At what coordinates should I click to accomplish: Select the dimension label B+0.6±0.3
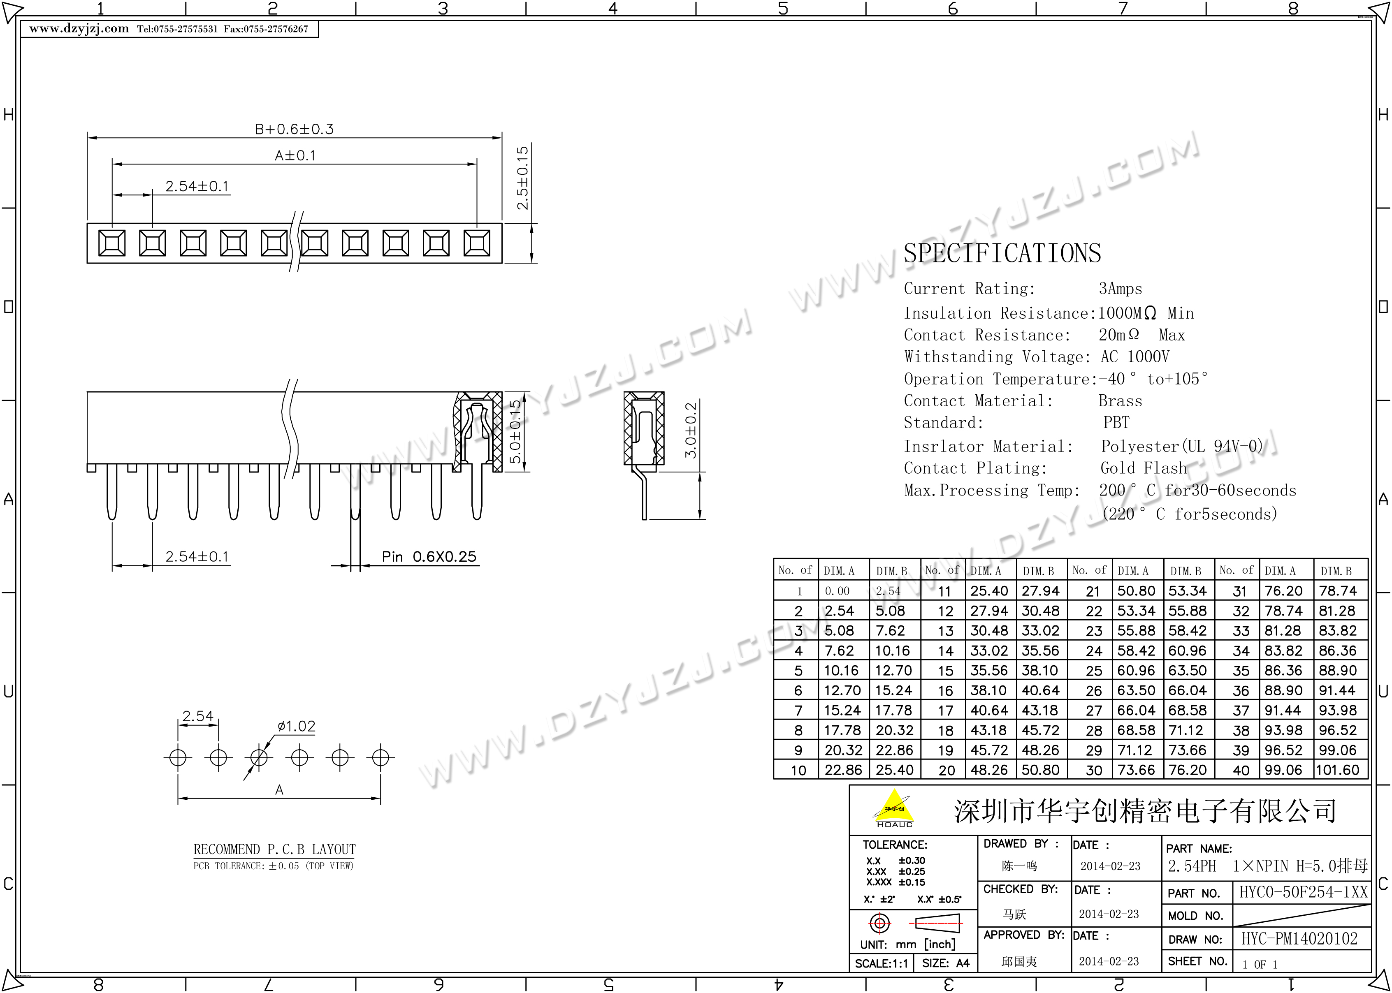click(x=294, y=129)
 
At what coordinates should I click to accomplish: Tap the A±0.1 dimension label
click(x=295, y=155)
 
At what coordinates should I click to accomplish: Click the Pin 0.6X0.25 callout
click(x=429, y=556)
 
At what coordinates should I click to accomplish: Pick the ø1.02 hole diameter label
click(x=296, y=727)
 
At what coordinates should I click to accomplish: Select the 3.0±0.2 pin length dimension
click(x=691, y=430)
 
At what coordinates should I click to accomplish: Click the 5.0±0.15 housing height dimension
click(x=515, y=432)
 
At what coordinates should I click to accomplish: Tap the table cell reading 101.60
click(x=1338, y=770)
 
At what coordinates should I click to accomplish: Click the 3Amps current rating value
click(x=1120, y=289)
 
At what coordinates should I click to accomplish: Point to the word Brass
click(x=1120, y=401)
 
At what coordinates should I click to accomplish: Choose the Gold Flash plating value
click(x=1143, y=468)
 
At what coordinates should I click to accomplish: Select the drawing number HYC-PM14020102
click(x=1299, y=939)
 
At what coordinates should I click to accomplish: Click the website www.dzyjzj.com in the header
click(x=79, y=29)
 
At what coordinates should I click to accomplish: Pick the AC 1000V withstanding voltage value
click(x=1134, y=357)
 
